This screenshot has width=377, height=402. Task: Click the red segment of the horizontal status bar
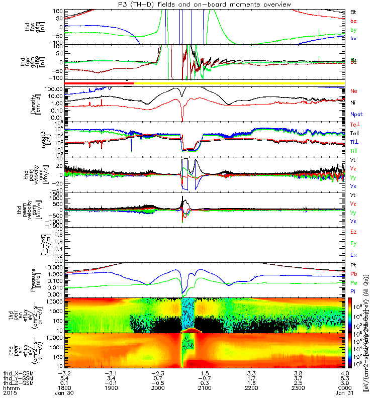pyautogui.click(x=96, y=82)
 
